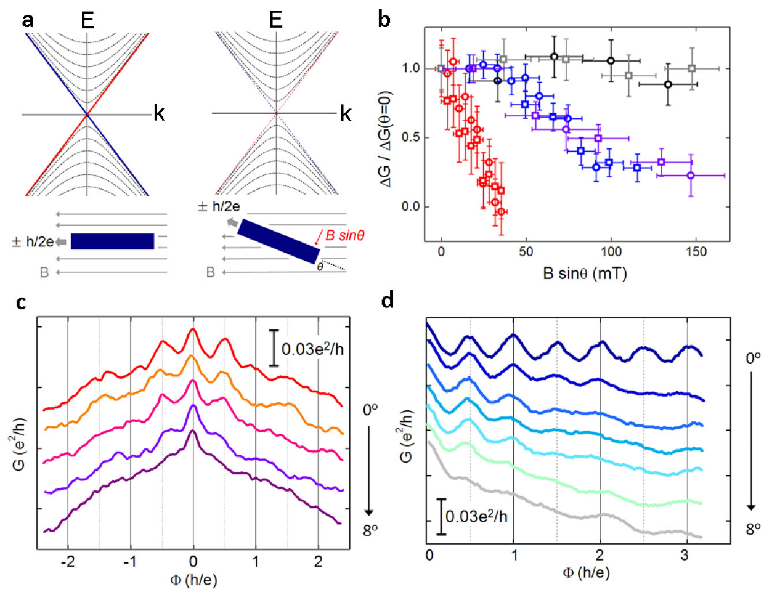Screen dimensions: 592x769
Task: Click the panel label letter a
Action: pyautogui.click(x=28, y=21)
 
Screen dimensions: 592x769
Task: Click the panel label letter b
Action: pyautogui.click(x=384, y=21)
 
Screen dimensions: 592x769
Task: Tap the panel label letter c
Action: pyautogui.click(x=21, y=302)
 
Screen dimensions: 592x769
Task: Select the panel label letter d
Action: pyautogui.click(x=388, y=300)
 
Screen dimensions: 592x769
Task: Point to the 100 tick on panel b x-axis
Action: pyautogui.click(x=611, y=252)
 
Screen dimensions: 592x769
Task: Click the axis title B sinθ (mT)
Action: pyautogui.click(x=585, y=273)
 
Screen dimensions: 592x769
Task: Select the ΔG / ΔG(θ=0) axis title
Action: pyautogui.click(x=385, y=138)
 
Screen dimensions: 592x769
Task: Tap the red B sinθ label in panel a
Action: pyautogui.click(x=345, y=235)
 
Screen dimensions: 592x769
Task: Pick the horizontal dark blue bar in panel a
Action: pyautogui.click(x=113, y=241)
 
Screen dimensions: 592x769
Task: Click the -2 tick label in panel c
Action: pyautogui.click(x=68, y=561)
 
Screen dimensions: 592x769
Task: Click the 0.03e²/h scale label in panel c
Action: pyautogui.click(x=312, y=349)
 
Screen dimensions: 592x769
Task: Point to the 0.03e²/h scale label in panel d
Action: pyautogui.click(x=476, y=516)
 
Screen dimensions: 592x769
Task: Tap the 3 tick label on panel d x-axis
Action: pyautogui.click(x=685, y=555)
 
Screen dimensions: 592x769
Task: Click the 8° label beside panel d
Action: pyautogui.click(x=753, y=529)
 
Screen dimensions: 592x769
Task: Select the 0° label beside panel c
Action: pyautogui.click(x=370, y=410)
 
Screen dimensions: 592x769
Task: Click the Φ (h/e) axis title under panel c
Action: pyautogui.click(x=193, y=579)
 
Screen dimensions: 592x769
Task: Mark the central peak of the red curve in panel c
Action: pyautogui.click(x=193, y=329)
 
